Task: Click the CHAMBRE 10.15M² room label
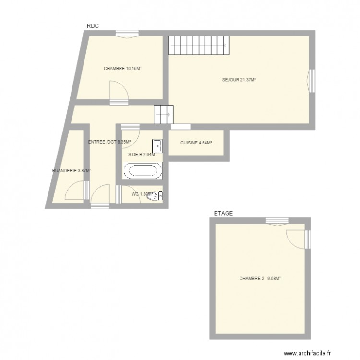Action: click(122, 69)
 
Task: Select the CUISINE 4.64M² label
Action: click(196, 143)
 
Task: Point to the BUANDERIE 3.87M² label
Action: click(72, 170)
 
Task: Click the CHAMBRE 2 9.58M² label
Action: click(260, 278)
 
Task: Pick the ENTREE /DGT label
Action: click(102, 142)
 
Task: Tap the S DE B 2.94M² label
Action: click(142, 155)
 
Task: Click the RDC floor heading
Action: click(93, 26)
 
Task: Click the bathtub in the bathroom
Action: click(143, 170)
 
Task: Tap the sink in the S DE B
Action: click(158, 145)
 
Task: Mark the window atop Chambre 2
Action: click(277, 221)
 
